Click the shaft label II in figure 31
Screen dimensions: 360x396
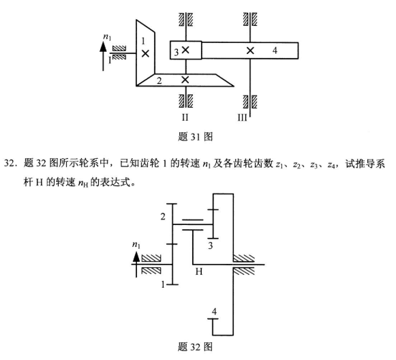[x=185, y=117]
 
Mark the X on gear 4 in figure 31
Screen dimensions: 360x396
[x=250, y=50]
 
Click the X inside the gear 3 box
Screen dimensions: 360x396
[x=186, y=50]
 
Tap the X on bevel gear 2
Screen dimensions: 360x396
[x=185, y=80]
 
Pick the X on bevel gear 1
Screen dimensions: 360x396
[x=144, y=52]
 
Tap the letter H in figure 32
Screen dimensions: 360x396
[x=199, y=271]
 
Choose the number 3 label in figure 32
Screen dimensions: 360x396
[x=211, y=245]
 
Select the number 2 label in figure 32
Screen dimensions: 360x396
[x=163, y=217]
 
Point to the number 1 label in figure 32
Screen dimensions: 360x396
[x=163, y=284]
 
